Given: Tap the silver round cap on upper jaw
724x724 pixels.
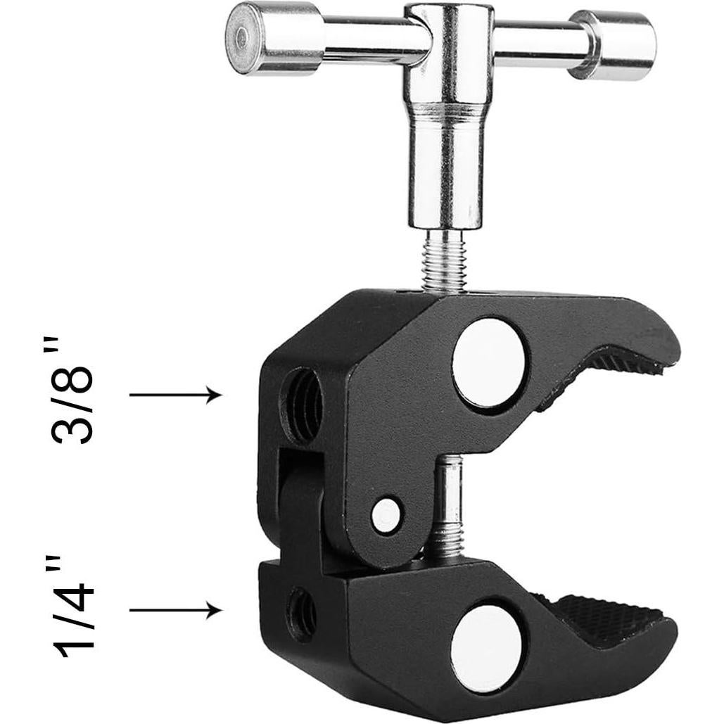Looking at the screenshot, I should coord(490,362).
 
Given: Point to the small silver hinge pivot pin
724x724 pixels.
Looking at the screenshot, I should coord(386,515).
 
